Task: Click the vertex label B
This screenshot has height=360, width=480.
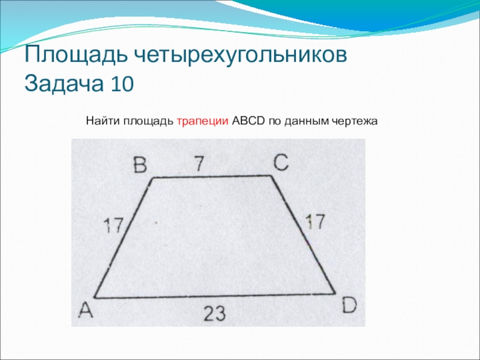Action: [140, 166]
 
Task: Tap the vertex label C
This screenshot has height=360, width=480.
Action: [281, 162]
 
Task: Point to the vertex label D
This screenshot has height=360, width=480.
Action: [349, 305]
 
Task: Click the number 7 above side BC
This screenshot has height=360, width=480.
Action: [199, 163]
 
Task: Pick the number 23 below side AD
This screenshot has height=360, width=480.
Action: [215, 313]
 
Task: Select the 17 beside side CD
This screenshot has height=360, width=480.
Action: [315, 221]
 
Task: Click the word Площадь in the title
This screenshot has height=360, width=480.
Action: [76, 55]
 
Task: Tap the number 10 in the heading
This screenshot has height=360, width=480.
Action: [122, 83]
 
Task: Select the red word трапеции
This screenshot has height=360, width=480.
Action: [203, 121]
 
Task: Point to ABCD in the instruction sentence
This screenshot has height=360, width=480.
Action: [248, 121]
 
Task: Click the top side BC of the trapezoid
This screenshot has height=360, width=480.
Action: [212, 176]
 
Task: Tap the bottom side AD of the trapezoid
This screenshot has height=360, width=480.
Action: [215, 295]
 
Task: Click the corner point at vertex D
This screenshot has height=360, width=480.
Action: [335, 293]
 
